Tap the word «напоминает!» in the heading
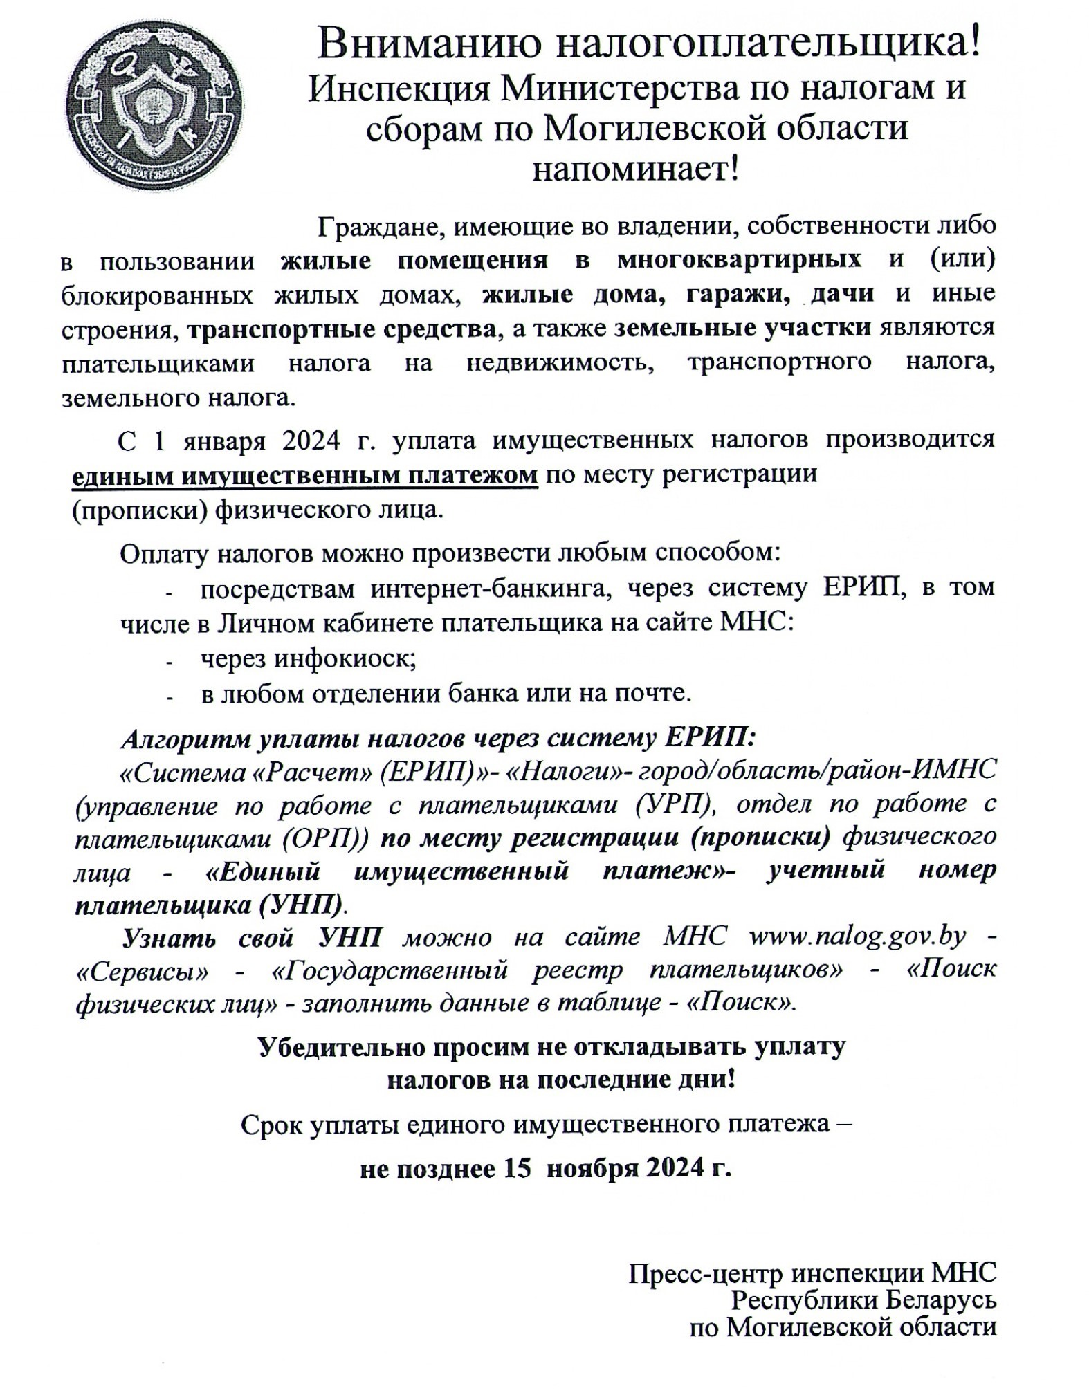pos(635,169)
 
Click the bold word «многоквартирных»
pos(740,260)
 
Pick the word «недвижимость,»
pos(560,363)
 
